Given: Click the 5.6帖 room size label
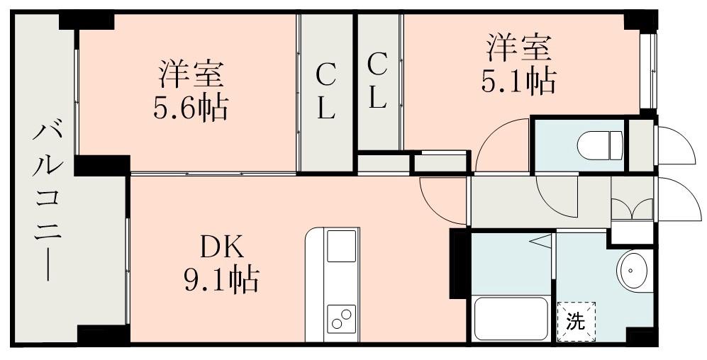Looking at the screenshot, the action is coord(191,108).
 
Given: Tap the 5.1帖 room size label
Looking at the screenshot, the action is coord(518,81).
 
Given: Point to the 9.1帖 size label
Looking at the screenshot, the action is coord(221,279).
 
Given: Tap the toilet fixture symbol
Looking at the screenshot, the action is coord(600,145).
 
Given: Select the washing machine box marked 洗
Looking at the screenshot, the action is coord(577,322).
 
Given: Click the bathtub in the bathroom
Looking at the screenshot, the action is coord(511,319).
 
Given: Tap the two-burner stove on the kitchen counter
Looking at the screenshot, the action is coord(342,319).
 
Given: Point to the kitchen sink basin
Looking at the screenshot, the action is coord(342,246).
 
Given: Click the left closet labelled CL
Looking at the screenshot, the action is coord(326,92).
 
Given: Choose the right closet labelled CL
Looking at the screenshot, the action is coord(378,81).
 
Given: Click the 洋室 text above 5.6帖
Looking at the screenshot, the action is coord(191,74).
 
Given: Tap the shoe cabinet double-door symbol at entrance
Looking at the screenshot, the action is coord(632,208).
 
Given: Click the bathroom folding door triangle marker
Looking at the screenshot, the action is coord(540,241).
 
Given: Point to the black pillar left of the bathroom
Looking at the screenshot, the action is coord(460,264).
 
